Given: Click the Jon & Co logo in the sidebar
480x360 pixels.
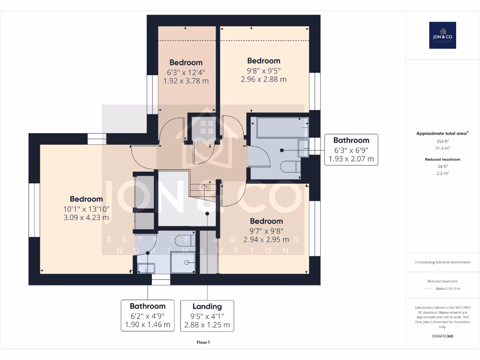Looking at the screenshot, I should [x=442, y=35].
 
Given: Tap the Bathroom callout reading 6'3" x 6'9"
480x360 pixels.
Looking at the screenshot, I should [x=351, y=150].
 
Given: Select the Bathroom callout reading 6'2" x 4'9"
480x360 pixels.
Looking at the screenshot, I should [x=148, y=315].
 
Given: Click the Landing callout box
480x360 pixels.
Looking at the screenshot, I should [x=207, y=315].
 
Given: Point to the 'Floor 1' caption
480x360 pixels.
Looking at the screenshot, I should [x=203, y=343].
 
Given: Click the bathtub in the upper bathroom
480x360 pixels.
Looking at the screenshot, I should [x=278, y=127].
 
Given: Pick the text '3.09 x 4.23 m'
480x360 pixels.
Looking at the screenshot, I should [x=86, y=217].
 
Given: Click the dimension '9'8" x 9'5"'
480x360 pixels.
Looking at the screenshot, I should [x=263, y=70].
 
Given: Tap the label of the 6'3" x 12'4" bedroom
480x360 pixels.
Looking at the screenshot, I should [x=186, y=62].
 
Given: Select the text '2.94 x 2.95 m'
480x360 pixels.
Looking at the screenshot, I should [x=266, y=240].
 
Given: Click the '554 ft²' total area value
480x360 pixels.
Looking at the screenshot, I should [x=442, y=141].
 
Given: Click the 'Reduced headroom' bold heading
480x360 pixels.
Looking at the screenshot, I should [x=442, y=159].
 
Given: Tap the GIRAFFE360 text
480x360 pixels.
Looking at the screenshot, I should [x=442, y=336].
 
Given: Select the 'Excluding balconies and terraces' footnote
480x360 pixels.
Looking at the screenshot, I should [x=442, y=262].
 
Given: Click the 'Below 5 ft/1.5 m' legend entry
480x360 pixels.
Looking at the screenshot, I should [x=448, y=288].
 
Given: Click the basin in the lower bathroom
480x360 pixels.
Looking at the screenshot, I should [x=146, y=268].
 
